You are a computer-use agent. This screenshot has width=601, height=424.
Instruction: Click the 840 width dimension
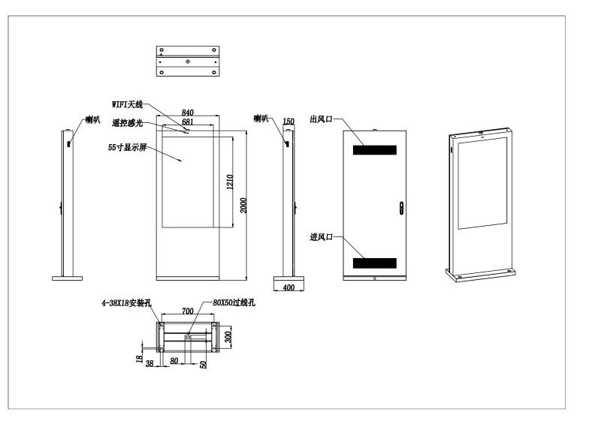coord(187,113)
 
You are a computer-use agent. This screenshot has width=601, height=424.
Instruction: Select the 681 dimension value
coord(187,122)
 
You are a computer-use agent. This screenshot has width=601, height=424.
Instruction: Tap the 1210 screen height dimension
coord(230,182)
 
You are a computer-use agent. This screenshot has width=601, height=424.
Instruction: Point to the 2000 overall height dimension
coord(243,206)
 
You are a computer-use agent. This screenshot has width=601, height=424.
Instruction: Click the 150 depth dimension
coord(288,121)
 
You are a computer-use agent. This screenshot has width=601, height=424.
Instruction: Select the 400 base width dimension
coord(288,287)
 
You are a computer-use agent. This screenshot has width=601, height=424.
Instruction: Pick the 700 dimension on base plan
coord(187,311)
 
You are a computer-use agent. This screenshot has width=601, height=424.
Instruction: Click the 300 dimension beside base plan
coord(228,336)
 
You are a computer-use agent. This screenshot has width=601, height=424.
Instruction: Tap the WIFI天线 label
coord(127,104)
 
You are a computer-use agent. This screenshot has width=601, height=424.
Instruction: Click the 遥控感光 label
coord(127,123)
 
